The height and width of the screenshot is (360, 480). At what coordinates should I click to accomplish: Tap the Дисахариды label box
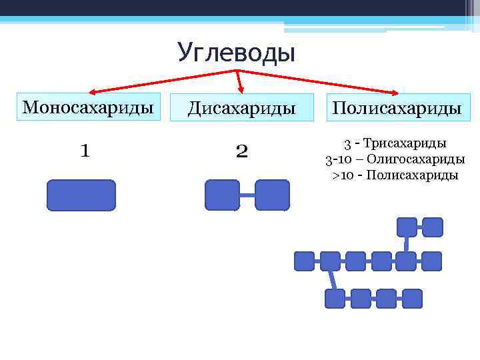241,108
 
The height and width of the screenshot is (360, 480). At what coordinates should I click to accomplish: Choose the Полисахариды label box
397,108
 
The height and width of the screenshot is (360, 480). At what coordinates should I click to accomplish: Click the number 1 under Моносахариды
85,151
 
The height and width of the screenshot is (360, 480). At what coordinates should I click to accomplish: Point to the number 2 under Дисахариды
241,152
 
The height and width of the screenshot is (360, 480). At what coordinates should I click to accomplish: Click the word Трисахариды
405,143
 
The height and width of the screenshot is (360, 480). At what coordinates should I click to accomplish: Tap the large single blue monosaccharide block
81,195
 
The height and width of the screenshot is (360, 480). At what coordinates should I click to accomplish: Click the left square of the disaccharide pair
222,195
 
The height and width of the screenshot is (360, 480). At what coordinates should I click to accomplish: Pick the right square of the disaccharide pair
272,195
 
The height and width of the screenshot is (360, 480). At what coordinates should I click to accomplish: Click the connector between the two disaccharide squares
247,195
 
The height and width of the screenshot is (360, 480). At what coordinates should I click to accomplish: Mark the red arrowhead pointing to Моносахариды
93,93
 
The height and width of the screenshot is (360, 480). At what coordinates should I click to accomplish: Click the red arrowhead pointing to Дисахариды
241,88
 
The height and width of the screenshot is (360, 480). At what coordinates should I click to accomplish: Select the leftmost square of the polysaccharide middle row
305,261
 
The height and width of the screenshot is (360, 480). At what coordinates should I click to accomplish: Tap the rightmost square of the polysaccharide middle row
432,261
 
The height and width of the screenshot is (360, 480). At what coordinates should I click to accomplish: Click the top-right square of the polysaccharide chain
433,227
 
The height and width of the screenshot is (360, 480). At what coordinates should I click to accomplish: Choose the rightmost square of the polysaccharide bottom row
412,298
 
